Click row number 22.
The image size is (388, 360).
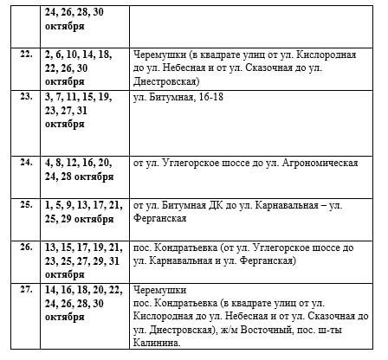(26, 54)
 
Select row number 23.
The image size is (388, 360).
(26, 99)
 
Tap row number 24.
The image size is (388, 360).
(26, 162)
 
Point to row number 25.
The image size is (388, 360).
(26, 204)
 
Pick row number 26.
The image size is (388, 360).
(26, 247)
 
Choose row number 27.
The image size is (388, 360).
(26, 291)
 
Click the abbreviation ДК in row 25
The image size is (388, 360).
(210, 205)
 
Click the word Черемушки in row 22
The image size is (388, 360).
(162, 54)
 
